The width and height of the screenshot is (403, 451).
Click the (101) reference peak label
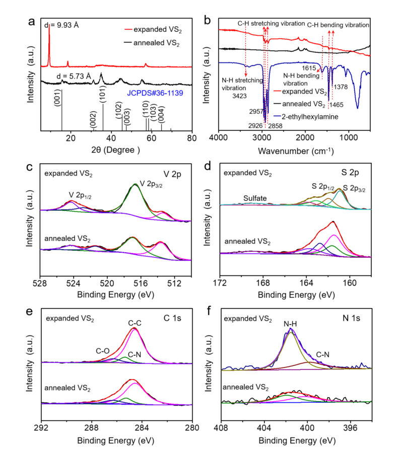(x=102, y=96)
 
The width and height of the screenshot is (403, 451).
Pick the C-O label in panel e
(x=103, y=350)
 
